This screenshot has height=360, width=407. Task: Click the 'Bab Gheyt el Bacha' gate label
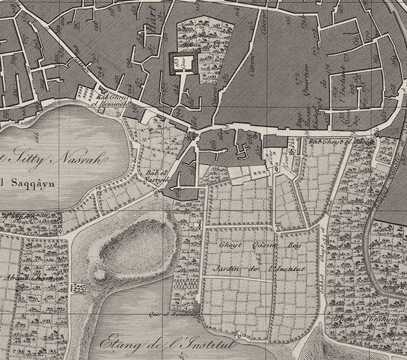coord(328,142)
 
